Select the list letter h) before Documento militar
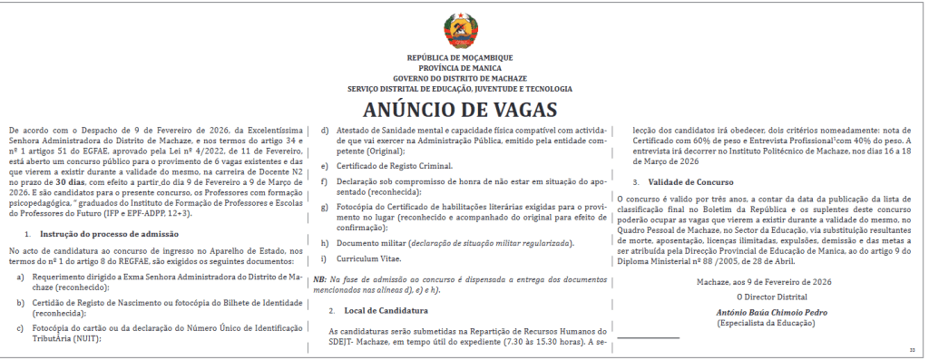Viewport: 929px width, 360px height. click(325, 243)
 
